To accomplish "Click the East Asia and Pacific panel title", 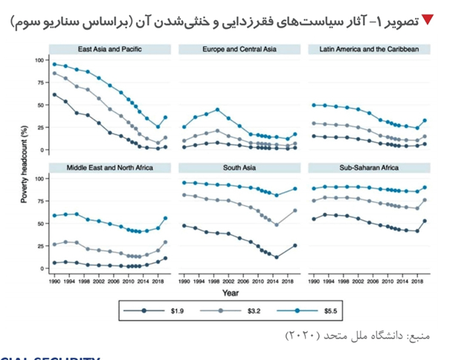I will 110,50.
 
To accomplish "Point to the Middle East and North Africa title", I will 110,168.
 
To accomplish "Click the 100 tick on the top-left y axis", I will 39,59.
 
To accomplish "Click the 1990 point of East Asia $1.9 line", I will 54,94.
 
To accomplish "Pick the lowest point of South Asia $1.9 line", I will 277,257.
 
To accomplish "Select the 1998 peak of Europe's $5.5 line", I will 218,110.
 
